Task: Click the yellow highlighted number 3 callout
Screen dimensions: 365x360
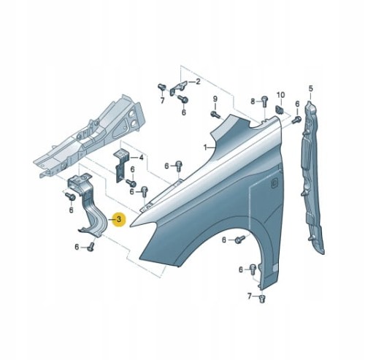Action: tap(119, 220)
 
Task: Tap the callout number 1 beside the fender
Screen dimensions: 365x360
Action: tap(205, 148)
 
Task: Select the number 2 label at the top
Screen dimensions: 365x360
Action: tap(198, 81)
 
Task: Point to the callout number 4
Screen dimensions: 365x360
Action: tap(141, 158)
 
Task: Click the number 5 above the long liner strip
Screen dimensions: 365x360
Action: tap(310, 89)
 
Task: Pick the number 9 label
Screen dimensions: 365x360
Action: tap(215, 99)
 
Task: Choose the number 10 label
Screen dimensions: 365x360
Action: tap(280, 95)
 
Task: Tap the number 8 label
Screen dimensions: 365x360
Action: tap(253, 101)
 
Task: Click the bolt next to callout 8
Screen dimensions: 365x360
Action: tap(264, 102)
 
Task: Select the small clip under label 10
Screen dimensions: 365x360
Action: tap(280, 110)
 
